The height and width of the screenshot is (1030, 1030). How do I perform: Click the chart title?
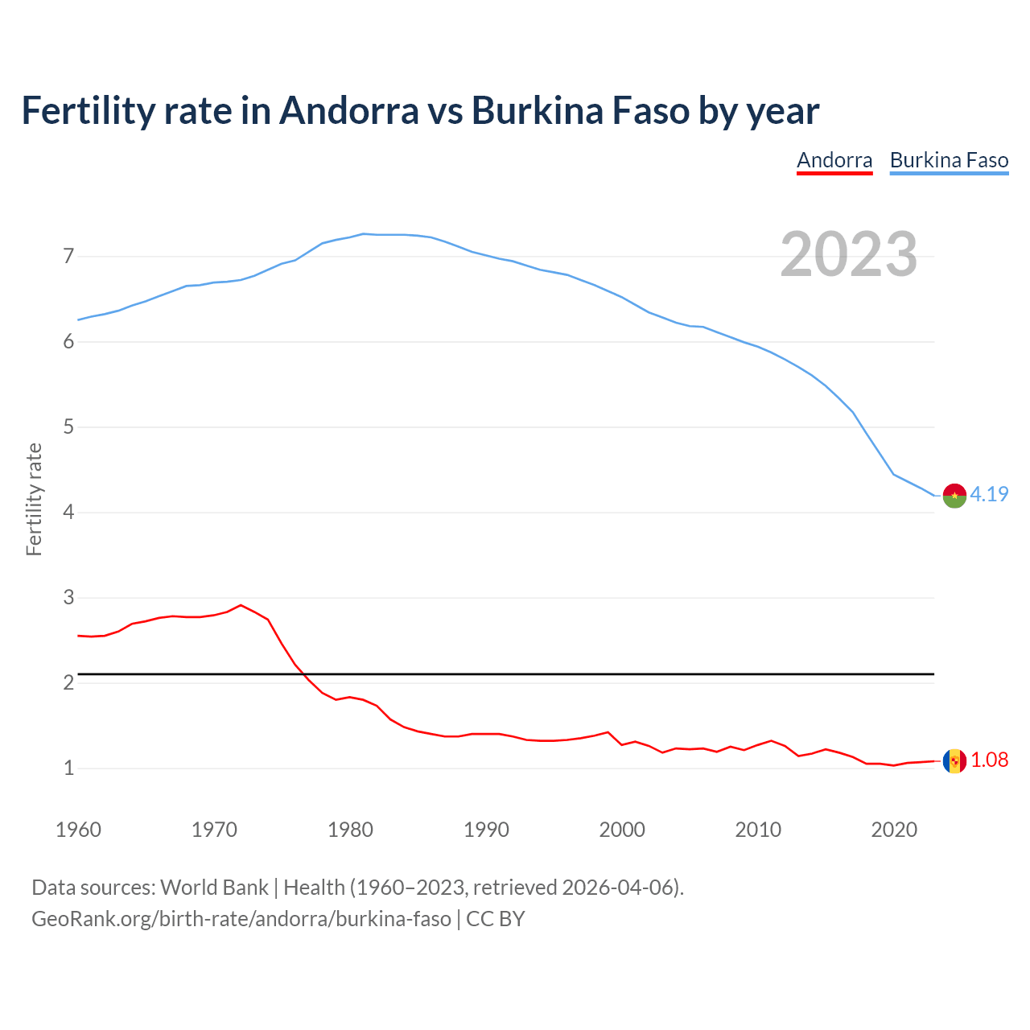click(x=419, y=111)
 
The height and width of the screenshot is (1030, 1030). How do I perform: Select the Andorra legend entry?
click(x=834, y=160)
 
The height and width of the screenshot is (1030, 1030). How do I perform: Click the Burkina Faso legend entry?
click(x=949, y=160)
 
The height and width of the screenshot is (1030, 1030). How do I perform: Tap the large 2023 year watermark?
click(x=848, y=254)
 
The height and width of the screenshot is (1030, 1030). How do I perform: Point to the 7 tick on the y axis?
click(x=68, y=257)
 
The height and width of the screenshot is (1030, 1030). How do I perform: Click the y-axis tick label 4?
click(x=68, y=513)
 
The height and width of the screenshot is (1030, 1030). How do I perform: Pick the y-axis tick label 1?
click(x=68, y=768)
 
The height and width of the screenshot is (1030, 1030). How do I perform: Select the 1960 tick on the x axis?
click(x=78, y=830)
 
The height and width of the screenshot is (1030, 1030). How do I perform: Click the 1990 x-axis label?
click(x=486, y=830)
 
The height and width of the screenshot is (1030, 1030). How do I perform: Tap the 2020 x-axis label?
click(x=894, y=830)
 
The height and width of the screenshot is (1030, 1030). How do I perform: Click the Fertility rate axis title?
click(x=34, y=499)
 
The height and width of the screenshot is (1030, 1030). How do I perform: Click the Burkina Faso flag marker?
click(x=954, y=496)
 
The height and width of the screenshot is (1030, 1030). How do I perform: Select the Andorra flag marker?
click(x=954, y=760)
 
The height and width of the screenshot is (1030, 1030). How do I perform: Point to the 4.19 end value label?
click(x=989, y=495)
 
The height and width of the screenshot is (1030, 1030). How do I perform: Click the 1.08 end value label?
click(x=989, y=760)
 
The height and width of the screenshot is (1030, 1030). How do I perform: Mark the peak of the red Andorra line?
click(x=241, y=605)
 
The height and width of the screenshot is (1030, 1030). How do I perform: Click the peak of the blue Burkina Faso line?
click(x=364, y=233)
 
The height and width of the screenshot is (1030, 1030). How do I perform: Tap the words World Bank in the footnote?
click(x=214, y=888)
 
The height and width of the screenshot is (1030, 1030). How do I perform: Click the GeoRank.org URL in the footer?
click(x=241, y=919)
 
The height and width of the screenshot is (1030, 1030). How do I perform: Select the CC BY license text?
click(x=496, y=919)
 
